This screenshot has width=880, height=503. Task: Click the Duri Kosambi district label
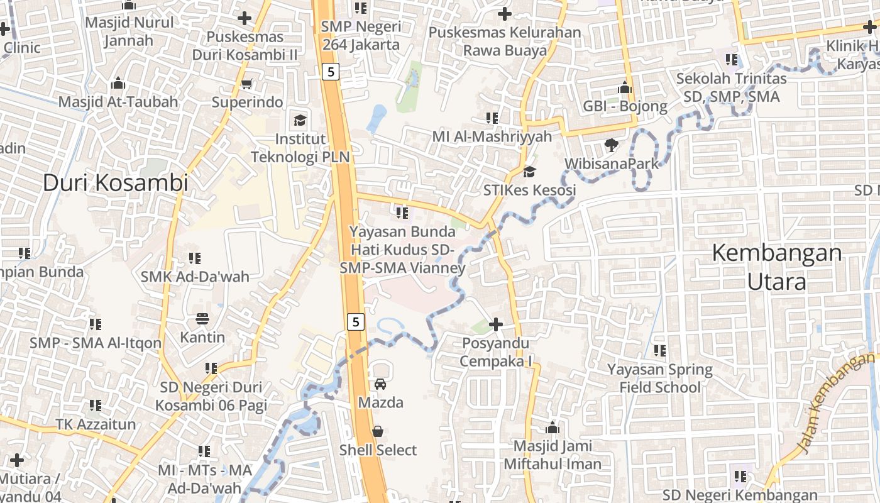tap(116, 183)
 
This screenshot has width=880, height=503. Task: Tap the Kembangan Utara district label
tap(777, 267)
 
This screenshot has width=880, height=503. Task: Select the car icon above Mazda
tap(380, 384)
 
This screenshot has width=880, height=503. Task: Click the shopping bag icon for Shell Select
tap(378, 431)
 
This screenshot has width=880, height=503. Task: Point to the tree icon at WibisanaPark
tap(610, 146)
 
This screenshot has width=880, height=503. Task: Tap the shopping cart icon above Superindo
tap(247, 84)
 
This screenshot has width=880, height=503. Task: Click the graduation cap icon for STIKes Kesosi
tap(530, 172)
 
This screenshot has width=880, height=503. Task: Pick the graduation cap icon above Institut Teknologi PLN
tap(300, 120)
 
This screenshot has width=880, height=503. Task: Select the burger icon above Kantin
tap(202, 319)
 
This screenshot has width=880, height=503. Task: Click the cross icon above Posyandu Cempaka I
tap(496, 324)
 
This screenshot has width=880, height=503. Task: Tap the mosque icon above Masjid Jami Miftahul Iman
tap(553, 428)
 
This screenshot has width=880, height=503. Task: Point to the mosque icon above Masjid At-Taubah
tap(118, 83)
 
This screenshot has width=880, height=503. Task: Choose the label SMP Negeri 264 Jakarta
tap(361, 36)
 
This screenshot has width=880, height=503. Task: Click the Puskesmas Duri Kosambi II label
tap(245, 46)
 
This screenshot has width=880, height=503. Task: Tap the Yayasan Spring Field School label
tap(659, 378)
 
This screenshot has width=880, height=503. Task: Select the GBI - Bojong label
tap(625, 106)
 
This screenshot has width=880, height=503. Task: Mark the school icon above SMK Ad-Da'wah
tap(195, 258)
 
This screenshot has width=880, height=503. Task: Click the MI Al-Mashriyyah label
tap(492, 136)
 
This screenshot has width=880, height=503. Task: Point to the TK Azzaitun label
tap(96, 424)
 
